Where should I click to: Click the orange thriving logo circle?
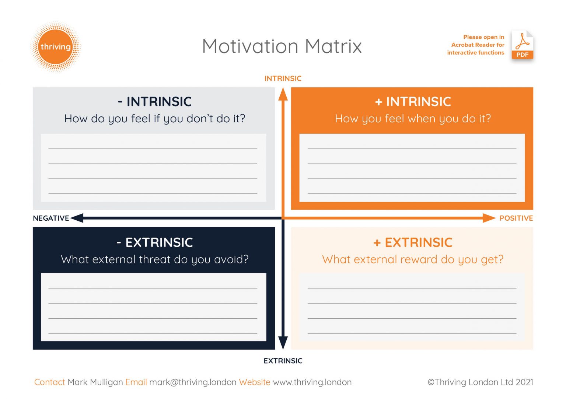tap(56, 47)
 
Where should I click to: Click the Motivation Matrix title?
tap(282, 46)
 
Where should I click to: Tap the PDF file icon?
tap(522, 45)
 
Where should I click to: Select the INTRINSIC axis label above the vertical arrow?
tap(283, 78)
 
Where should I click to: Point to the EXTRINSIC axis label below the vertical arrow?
tap(283, 361)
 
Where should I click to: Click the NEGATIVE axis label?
tap(51, 218)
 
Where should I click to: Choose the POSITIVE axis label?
tap(516, 218)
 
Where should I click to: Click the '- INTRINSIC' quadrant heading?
tap(155, 102)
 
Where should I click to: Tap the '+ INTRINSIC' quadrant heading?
tap(413, 102)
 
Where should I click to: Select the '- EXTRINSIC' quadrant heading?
tap(155, 242)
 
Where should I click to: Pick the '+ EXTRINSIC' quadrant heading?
tap(413, 242)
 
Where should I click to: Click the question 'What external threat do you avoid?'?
tap(155, 259)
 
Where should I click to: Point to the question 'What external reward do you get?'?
tap(413, 259)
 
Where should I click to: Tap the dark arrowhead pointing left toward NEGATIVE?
tap(77, 218)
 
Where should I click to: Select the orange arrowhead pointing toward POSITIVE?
tap(489, 218)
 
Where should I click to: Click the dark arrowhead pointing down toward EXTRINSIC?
tap(283, 343)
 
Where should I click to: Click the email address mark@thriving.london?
tap(193, 382)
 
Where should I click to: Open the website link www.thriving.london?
tap(312, 382)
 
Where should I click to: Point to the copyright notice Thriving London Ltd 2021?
tap(480, 382)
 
